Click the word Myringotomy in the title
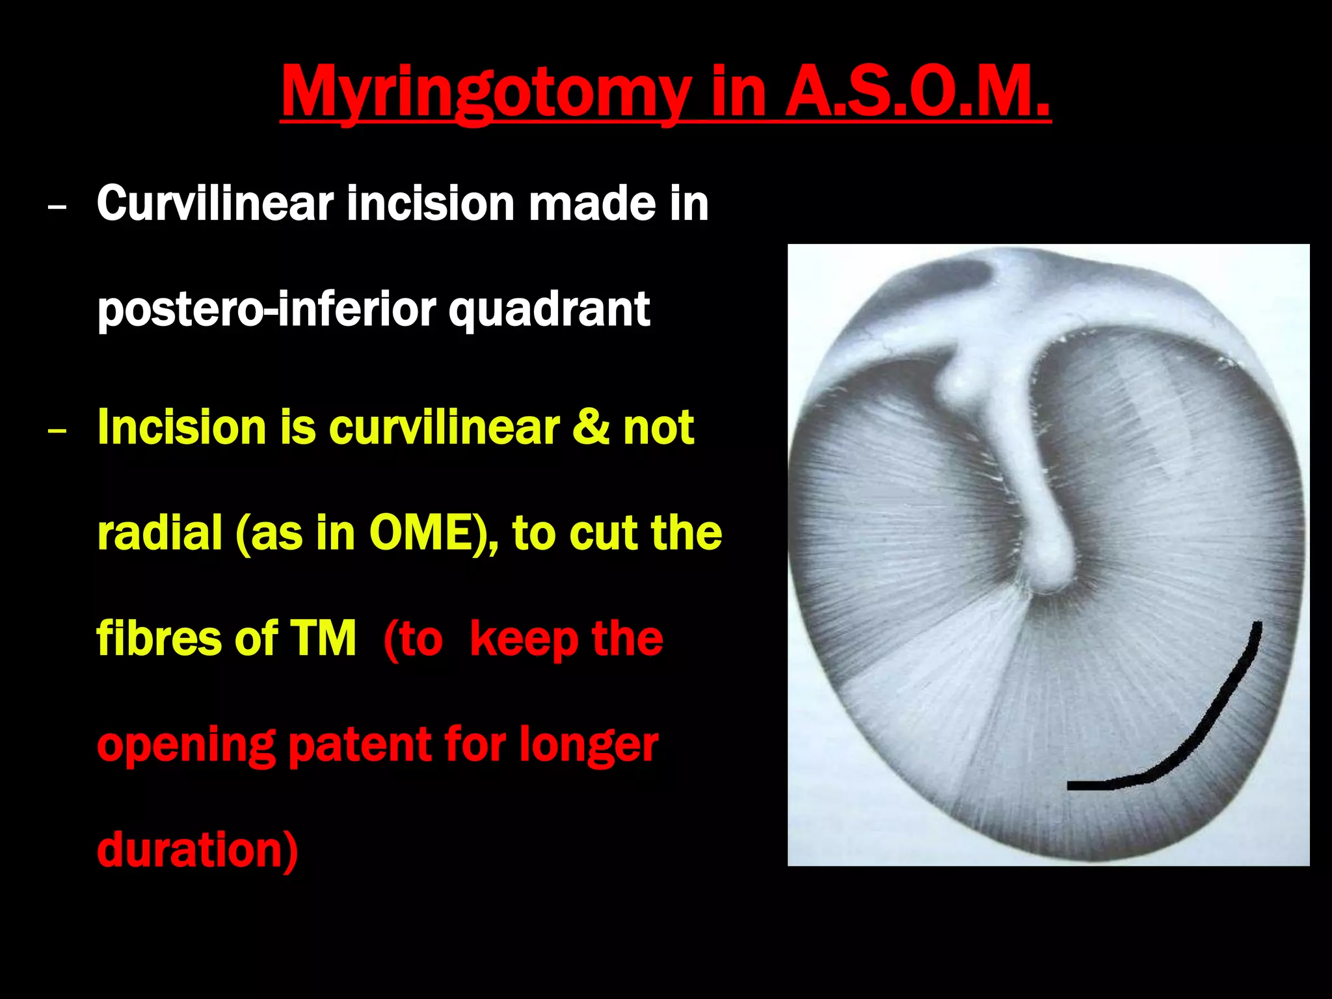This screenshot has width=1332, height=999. [x=485, y=94]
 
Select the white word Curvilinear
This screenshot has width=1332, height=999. [x=215, y=204]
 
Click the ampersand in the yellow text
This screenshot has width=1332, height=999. [x=591, y=427]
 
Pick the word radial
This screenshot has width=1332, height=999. [x=160, y=533]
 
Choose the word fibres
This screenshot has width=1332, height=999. [x=160, y=638]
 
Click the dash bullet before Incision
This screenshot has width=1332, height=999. [x=57, y=431]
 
